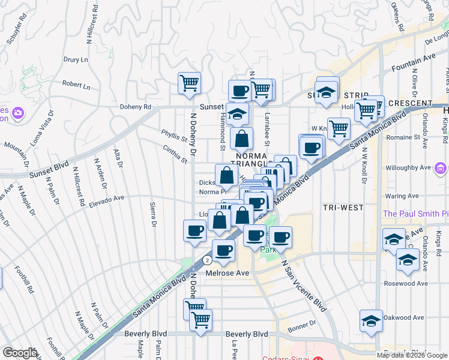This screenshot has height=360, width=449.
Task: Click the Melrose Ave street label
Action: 227,273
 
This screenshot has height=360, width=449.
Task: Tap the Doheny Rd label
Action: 137,107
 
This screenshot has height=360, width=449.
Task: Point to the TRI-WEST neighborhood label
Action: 343,208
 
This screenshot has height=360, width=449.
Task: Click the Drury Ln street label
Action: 76,60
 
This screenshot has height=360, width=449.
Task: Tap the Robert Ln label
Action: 76,86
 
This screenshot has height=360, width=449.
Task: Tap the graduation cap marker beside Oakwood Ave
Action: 371,320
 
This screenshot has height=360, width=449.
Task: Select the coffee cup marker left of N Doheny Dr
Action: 194,230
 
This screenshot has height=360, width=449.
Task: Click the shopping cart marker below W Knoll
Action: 339,128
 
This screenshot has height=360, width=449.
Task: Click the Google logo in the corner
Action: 20,353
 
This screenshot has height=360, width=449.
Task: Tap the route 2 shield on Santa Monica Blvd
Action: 206,260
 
